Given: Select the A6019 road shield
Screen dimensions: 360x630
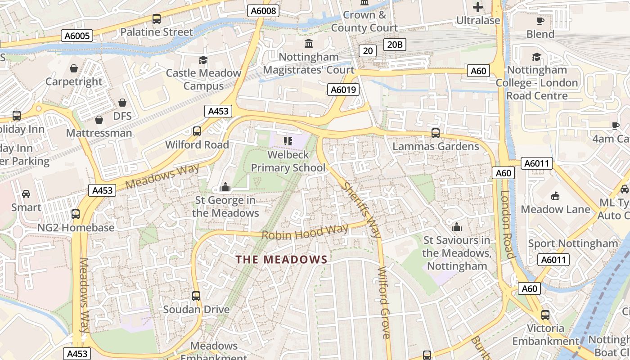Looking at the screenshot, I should (x=343, y=90).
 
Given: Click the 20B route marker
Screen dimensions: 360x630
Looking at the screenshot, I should (x=395, y=44).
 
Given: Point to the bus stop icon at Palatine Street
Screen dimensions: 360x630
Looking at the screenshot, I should (x=156, y=19).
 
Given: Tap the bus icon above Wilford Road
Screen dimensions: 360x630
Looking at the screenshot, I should (x=197, y=131).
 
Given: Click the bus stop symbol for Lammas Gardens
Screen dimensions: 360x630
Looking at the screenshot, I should (x=435, y=133).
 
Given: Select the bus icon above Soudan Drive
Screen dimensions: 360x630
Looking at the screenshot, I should (x=196, y=296).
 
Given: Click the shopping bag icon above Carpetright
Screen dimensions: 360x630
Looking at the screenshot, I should (x=74, y=68).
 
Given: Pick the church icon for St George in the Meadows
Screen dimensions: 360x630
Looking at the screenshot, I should (x=225, y=187).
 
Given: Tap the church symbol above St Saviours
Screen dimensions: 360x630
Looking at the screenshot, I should (x=457, y=227).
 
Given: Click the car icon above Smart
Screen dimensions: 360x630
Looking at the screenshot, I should (x=26, y=194).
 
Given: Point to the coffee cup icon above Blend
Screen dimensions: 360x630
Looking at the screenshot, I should (x=540, y=21).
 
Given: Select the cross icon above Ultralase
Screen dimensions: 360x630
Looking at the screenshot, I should (x=478, y=7).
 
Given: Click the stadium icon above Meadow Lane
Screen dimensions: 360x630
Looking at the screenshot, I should (x=555, y=196).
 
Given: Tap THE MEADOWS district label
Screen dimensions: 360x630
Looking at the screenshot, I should (x=282, y=260).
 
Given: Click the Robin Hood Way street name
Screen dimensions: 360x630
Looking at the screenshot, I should (x=305, y=232).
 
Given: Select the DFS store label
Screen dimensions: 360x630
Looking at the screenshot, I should (x=122, y=116).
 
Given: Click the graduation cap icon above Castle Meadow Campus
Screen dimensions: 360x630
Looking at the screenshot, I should (x=203, y=60).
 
